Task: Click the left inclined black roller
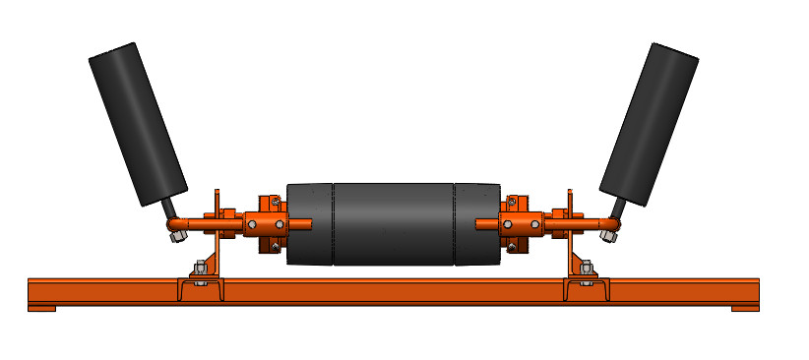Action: coord(139,124)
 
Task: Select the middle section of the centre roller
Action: coord(394,223)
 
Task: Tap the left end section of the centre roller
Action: coord(309,223)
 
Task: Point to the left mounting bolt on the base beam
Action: coord(200,269)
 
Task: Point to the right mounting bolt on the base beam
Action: coord(587,269)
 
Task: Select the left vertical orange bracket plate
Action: coord(219,236)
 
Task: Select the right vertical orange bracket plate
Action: coord(568,236)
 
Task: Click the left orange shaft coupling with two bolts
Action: coord(267,225)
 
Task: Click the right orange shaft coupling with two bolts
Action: coord(521,225)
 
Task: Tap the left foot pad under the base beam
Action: coord(41,308)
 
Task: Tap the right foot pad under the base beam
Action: coord(745,308)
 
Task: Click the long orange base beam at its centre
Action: coord(394,291)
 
